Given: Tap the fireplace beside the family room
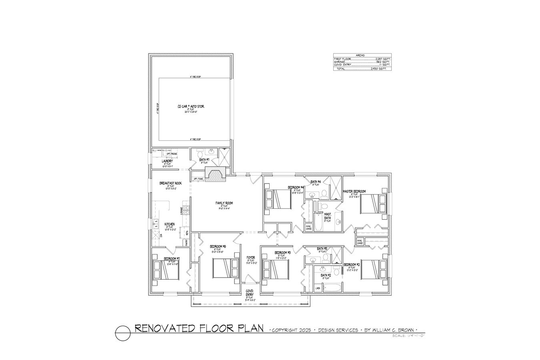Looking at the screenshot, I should coord(215,176).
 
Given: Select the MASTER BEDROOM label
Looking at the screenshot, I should coord(354,192).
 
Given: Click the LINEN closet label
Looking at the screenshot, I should coord(318,288).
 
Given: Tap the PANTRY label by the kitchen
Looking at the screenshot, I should coord(186,242).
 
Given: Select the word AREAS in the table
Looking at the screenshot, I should coord(362,56).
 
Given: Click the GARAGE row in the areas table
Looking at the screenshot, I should coord(362,62).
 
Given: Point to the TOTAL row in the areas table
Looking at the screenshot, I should coord(362,69).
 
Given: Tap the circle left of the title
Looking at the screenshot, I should coord(123,332).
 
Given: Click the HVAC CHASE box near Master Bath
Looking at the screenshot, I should coord(308,228).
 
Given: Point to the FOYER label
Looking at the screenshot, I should coord(251,258).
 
